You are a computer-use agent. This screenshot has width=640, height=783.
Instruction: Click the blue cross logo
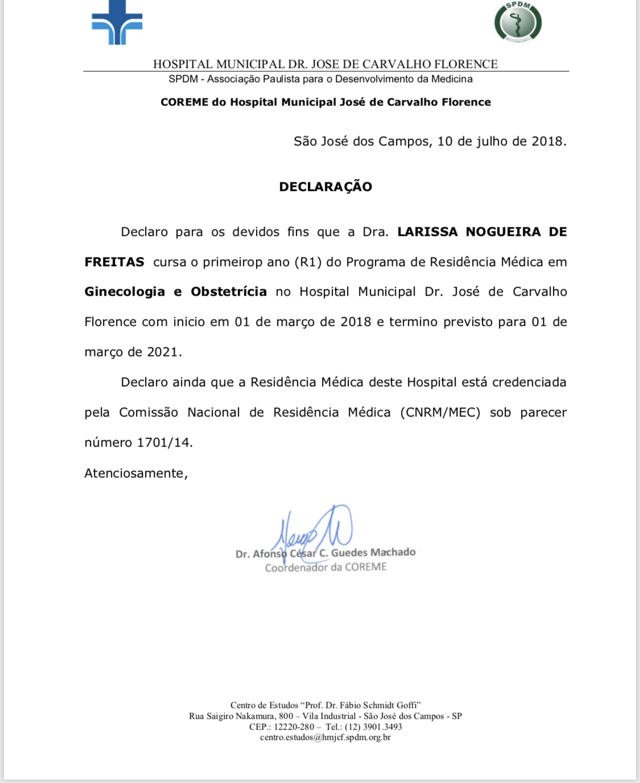click(117, 22)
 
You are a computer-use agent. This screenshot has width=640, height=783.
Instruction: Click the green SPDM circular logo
click(518, 22)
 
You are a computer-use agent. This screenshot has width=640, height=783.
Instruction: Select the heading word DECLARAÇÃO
click(325, 187)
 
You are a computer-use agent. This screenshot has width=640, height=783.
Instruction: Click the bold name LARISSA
click(427, 232)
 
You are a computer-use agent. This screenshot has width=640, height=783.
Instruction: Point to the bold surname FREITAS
click(114, 262)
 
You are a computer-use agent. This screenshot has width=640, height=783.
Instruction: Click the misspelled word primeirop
click(231, 262)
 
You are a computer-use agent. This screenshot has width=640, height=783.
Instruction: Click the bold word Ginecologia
click(125, 292)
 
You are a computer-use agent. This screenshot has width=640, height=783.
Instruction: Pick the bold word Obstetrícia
click(229, 292)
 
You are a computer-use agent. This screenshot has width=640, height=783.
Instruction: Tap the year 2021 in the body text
click(162, 352)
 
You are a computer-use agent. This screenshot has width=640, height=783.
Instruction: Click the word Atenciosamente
click(135, 473)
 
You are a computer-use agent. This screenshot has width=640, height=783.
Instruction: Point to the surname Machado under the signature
click(393, 552)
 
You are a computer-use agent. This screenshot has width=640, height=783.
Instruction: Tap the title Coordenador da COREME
click(325, 567)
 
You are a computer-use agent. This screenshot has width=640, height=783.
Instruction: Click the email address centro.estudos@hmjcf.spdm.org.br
click(325, 737)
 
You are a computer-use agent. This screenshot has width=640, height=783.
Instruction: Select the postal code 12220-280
click(294, 727)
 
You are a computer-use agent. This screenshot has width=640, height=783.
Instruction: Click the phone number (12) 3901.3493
click(373, 727)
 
